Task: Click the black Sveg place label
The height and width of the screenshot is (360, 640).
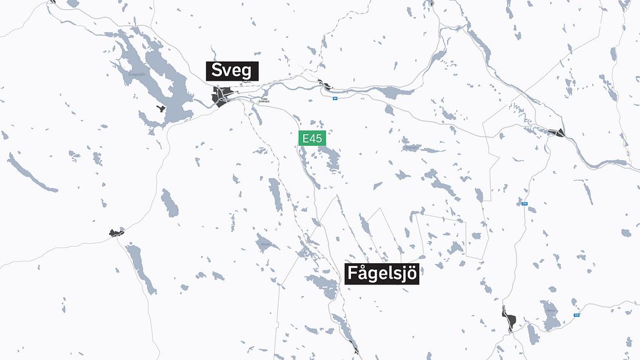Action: click(x=232, y=71)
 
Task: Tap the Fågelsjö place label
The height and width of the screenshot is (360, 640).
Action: click(x=383, y=274)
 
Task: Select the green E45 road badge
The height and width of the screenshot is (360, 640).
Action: click(x=312, y=138)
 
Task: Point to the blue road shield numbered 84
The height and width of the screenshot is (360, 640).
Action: click(x=335, y=99)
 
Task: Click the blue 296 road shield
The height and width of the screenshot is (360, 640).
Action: click(x=524, y=204)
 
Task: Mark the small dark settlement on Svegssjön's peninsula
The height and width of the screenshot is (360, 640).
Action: click(x=160, y=108)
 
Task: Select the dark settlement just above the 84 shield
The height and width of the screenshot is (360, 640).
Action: click(x=325, y=83)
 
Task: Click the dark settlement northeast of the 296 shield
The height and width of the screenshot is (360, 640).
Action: click(x=557, y=133)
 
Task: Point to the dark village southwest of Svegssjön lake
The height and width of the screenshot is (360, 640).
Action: click(x=116, y=232)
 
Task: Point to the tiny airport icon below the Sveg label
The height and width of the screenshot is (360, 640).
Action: click(x=241, y=84)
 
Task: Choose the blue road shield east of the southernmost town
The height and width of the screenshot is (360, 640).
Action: click(x=577, y=315)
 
